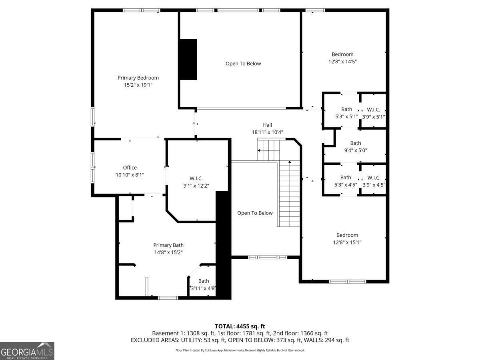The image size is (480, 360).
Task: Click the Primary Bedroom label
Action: click(x=138, y=78)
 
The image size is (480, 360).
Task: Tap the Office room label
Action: click(x=130, y=168)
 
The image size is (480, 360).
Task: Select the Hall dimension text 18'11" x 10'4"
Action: click(x=267, y=132)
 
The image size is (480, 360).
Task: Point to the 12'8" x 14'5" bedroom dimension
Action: click(x=342, y=62)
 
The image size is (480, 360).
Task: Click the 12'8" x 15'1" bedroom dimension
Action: click(x=347, y=242)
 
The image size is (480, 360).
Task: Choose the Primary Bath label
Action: click(x=168, y=245)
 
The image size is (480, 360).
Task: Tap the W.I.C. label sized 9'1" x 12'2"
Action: click(x=196, y=178)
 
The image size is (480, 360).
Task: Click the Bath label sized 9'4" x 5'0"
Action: click(x=356, y=143)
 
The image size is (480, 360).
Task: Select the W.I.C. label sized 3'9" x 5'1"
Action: click(x=374, y=110)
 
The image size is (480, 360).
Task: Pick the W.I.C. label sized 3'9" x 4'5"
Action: click(x=374, y=178)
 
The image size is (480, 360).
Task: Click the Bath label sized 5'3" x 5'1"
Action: click(x=347, y=109)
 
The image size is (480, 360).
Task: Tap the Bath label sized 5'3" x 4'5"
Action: click(x=346, y=178)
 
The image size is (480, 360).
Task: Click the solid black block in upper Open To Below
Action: click(x=188, y=60)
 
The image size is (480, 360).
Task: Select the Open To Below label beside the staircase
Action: click(x=255, y=213)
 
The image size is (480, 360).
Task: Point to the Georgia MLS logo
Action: click(x=27, y=351)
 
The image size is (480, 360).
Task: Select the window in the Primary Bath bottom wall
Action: click(x=168, y=298)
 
